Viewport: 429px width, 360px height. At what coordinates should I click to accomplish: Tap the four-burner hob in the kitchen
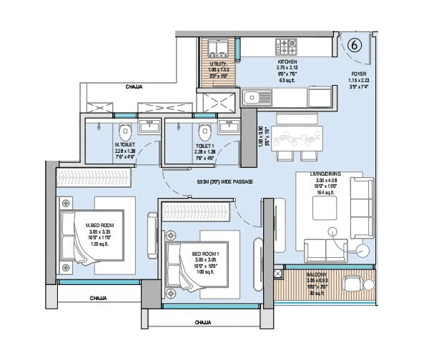tap(288, 47)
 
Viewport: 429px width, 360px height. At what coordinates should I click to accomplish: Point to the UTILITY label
tap(217, 63)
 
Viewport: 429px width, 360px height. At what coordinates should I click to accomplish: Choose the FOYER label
tap(357, 71)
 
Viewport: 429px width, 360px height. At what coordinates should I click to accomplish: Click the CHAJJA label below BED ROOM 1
tap(207, 322)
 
